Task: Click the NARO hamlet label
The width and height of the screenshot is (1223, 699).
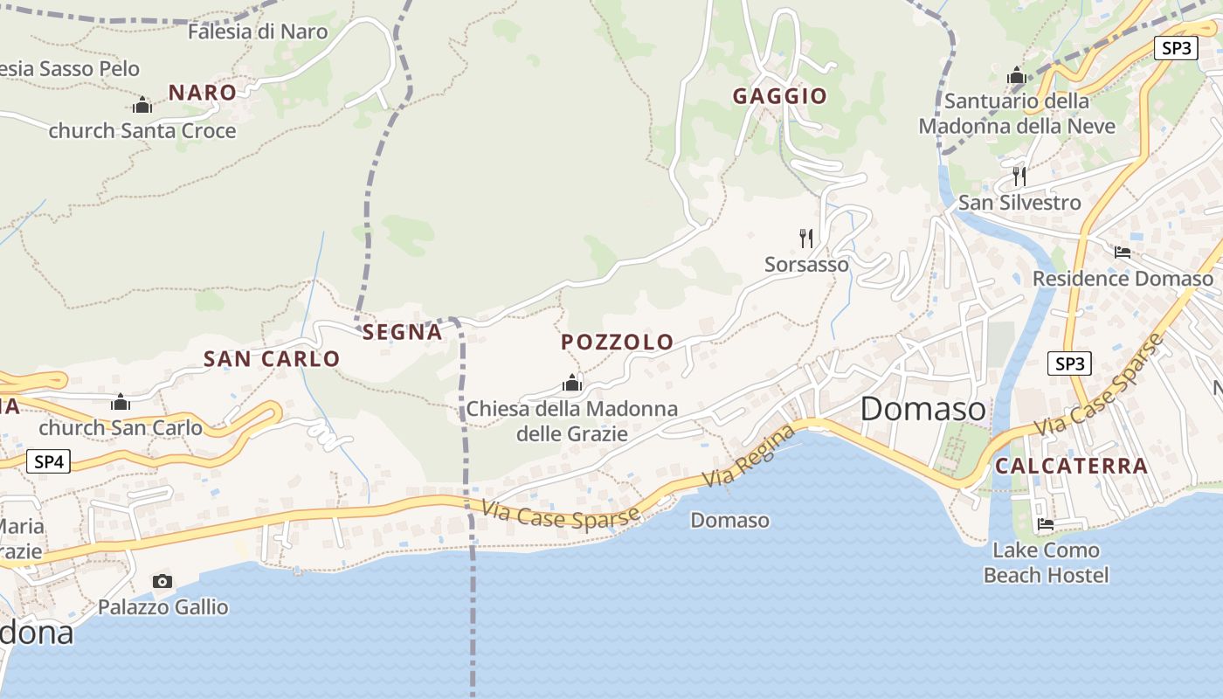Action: [x=202, y=93]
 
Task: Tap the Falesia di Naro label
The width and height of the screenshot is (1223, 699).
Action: [x=258, y=32]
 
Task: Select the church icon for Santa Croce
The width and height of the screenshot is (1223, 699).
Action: [x=142, y=106]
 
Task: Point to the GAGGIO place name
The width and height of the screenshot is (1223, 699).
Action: [x=779, y=96]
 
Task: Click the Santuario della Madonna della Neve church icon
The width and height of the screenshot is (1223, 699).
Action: [x=1016, y=76]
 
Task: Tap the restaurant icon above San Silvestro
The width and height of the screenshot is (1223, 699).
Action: [x=1019, y=176]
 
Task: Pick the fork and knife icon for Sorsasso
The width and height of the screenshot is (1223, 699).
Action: [x=806, y=237]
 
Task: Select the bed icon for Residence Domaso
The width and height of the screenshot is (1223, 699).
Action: [x=1123, y=253]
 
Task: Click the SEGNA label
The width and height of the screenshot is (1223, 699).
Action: [x=402, y=332]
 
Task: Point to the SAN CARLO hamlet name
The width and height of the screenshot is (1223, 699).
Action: [x=271, y=358]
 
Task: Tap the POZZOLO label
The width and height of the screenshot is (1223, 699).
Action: [x=617, y=342]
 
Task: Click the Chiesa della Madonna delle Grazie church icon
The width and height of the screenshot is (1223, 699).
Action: [x=572, y=383]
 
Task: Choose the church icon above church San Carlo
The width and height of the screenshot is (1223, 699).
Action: [x=121, y=403]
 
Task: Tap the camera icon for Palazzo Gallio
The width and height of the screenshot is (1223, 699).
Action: [x=162, y=581]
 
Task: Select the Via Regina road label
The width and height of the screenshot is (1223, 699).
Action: [x=750, y=455]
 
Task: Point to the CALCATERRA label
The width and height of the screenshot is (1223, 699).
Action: [x=1071, y=466]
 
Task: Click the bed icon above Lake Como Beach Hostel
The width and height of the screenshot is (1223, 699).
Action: [x=1045, y=524]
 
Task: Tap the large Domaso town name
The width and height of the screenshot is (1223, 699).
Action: [x=922, y=408]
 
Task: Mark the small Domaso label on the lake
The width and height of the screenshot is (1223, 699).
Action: [x=729, y=521]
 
